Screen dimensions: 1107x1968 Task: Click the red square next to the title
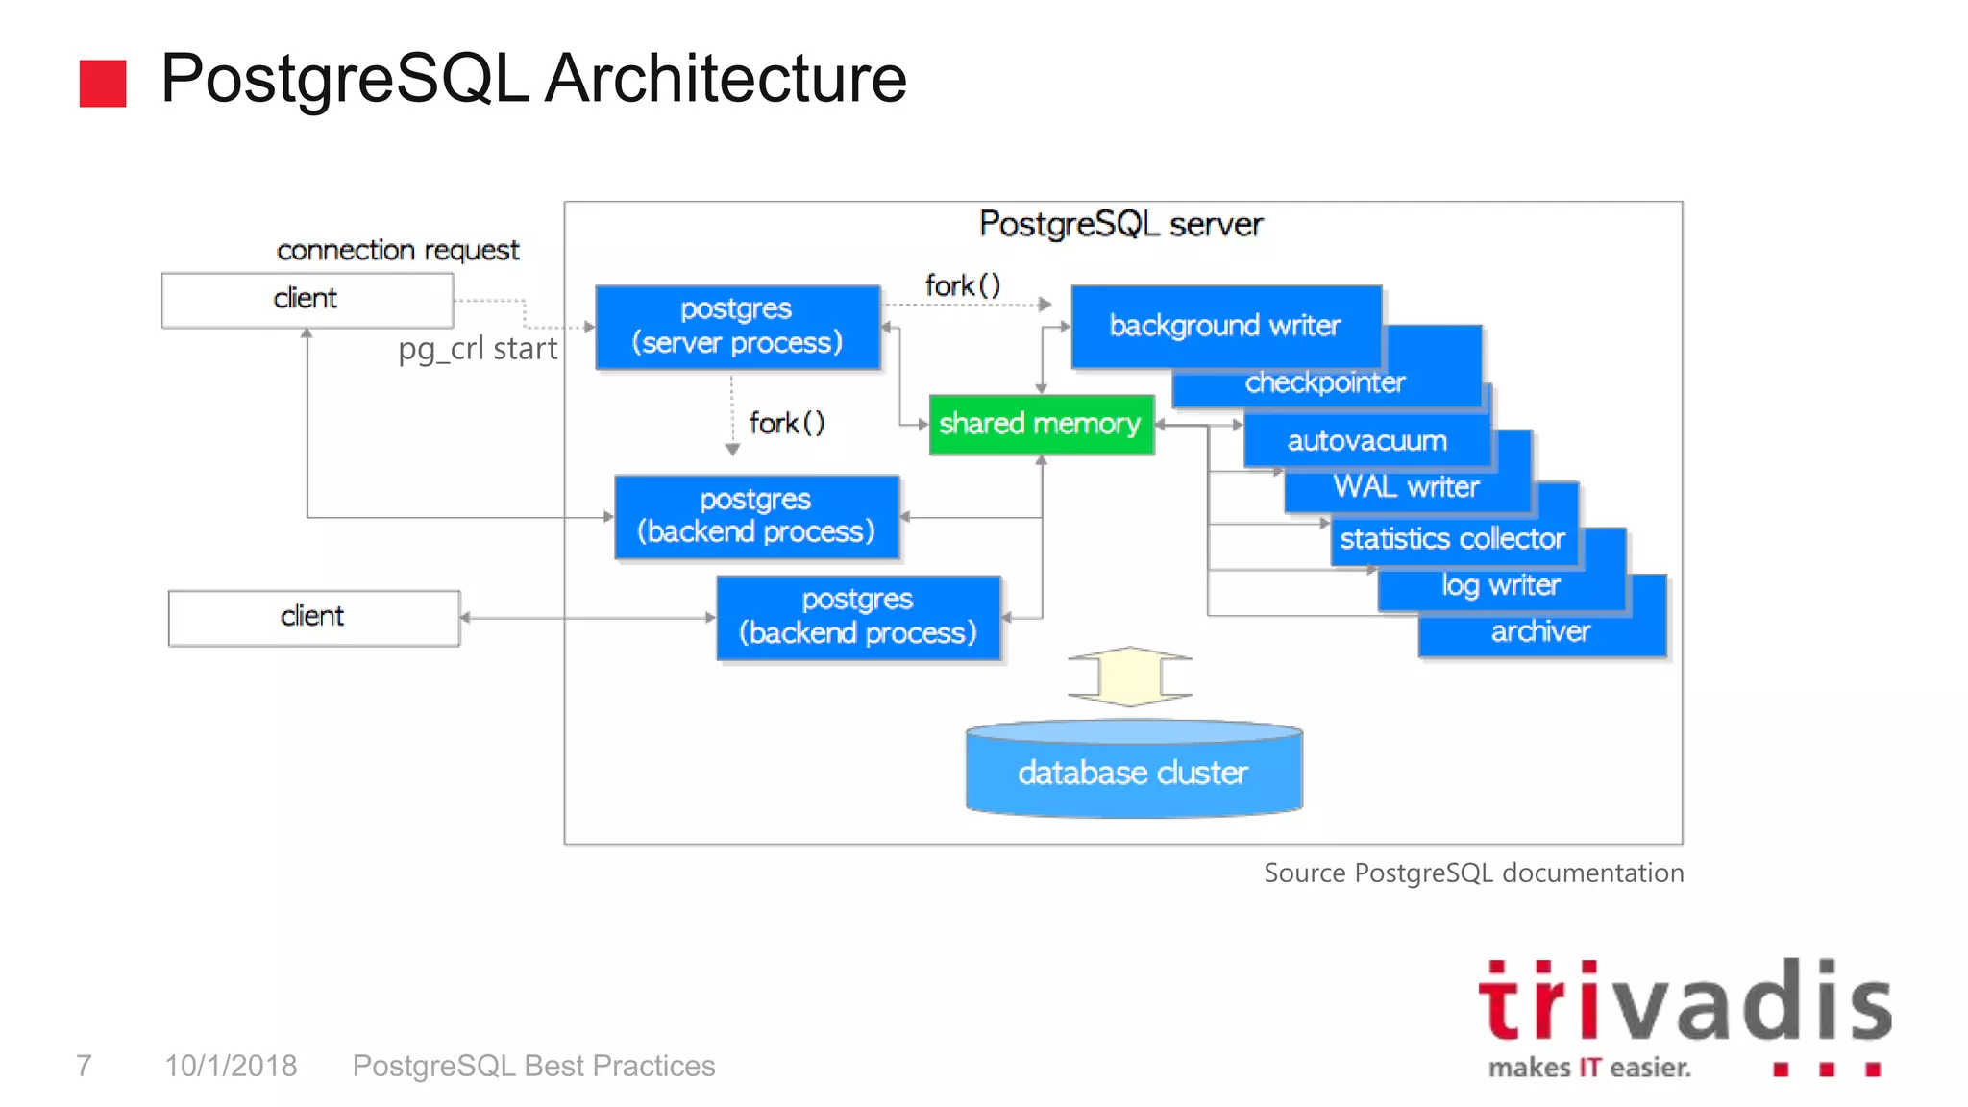click(x=103, y=84)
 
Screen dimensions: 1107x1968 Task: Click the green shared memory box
click(x=1041, y=424)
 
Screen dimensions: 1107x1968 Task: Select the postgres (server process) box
click(x=737, y=327)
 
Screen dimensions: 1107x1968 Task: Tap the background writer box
click(x=1225, y=326)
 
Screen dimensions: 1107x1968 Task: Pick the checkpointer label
click(x=1324, y=383)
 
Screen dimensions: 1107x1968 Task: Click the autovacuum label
click(x=1366, y=441)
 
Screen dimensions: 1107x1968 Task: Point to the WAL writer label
click(x=1406, y=487)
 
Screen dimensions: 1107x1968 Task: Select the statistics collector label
click(x=1452, y=539)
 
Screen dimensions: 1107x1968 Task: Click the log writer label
click(x=1500, y=585)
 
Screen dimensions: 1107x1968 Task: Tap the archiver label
click(x=1540, y=631)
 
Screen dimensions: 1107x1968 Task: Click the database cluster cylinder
click(x=1134, y=773)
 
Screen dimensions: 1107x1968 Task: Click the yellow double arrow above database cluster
click(x=1130, y=676)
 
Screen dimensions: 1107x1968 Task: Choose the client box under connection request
click(x=307, y=300)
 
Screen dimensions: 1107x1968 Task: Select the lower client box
click(x=313, y=617)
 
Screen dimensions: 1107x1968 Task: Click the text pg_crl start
click(x=478, y=349)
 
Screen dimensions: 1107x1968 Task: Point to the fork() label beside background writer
click(x=962, y=285)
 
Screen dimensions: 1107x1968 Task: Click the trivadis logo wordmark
click(x=1684, y=1003)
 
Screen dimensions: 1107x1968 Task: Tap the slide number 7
click(x=85, y=1066)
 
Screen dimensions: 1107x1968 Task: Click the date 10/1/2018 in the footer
click(x=231, y=1066)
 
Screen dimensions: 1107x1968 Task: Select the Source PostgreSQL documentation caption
click(x=1472, y=873)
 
